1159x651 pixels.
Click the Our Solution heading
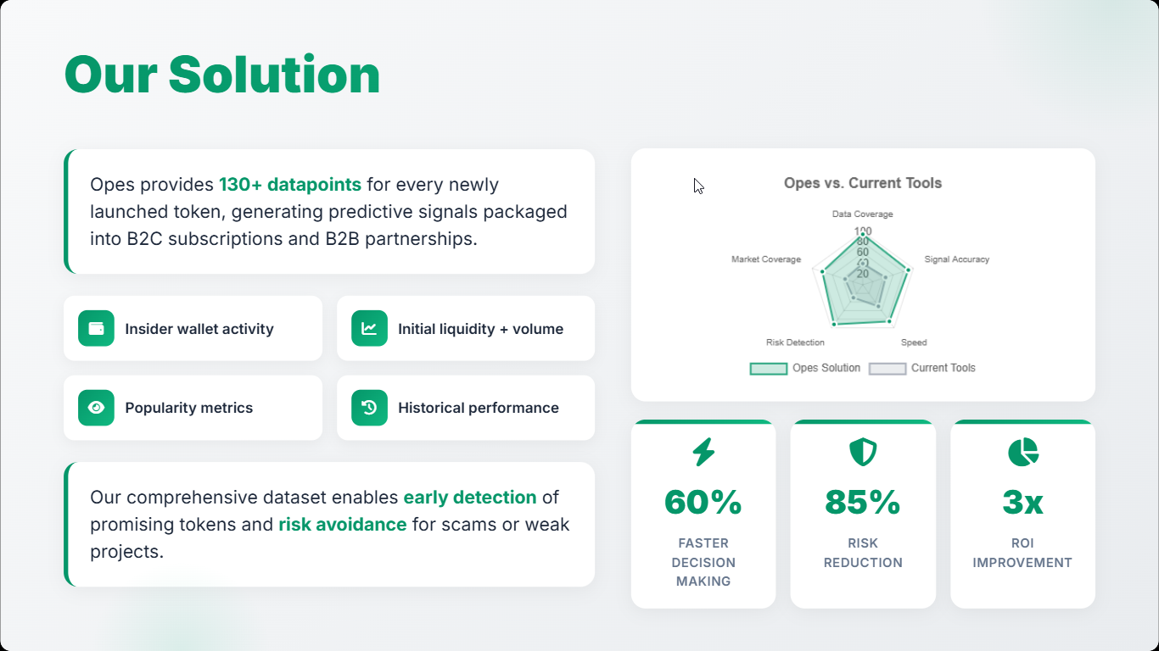222,75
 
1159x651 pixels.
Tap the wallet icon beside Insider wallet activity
96,328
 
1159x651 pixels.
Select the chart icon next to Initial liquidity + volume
369,328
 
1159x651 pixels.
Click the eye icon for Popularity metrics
96,408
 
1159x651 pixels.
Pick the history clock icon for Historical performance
369,408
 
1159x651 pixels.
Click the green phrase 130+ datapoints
290,185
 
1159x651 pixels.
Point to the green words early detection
470,498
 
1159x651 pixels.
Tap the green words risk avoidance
343,525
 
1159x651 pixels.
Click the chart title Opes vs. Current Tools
863,183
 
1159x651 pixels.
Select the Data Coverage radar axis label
863,214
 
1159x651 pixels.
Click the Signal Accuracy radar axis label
957,259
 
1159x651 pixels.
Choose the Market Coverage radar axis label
766,259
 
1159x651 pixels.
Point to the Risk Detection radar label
795,342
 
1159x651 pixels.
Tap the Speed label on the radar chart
914,342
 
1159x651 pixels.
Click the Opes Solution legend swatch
769,369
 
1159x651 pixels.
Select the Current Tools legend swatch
887,369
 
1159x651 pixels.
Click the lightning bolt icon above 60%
703,452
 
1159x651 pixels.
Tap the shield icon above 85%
863,452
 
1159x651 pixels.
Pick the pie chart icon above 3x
1023,452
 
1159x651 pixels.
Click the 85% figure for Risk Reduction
863,502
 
